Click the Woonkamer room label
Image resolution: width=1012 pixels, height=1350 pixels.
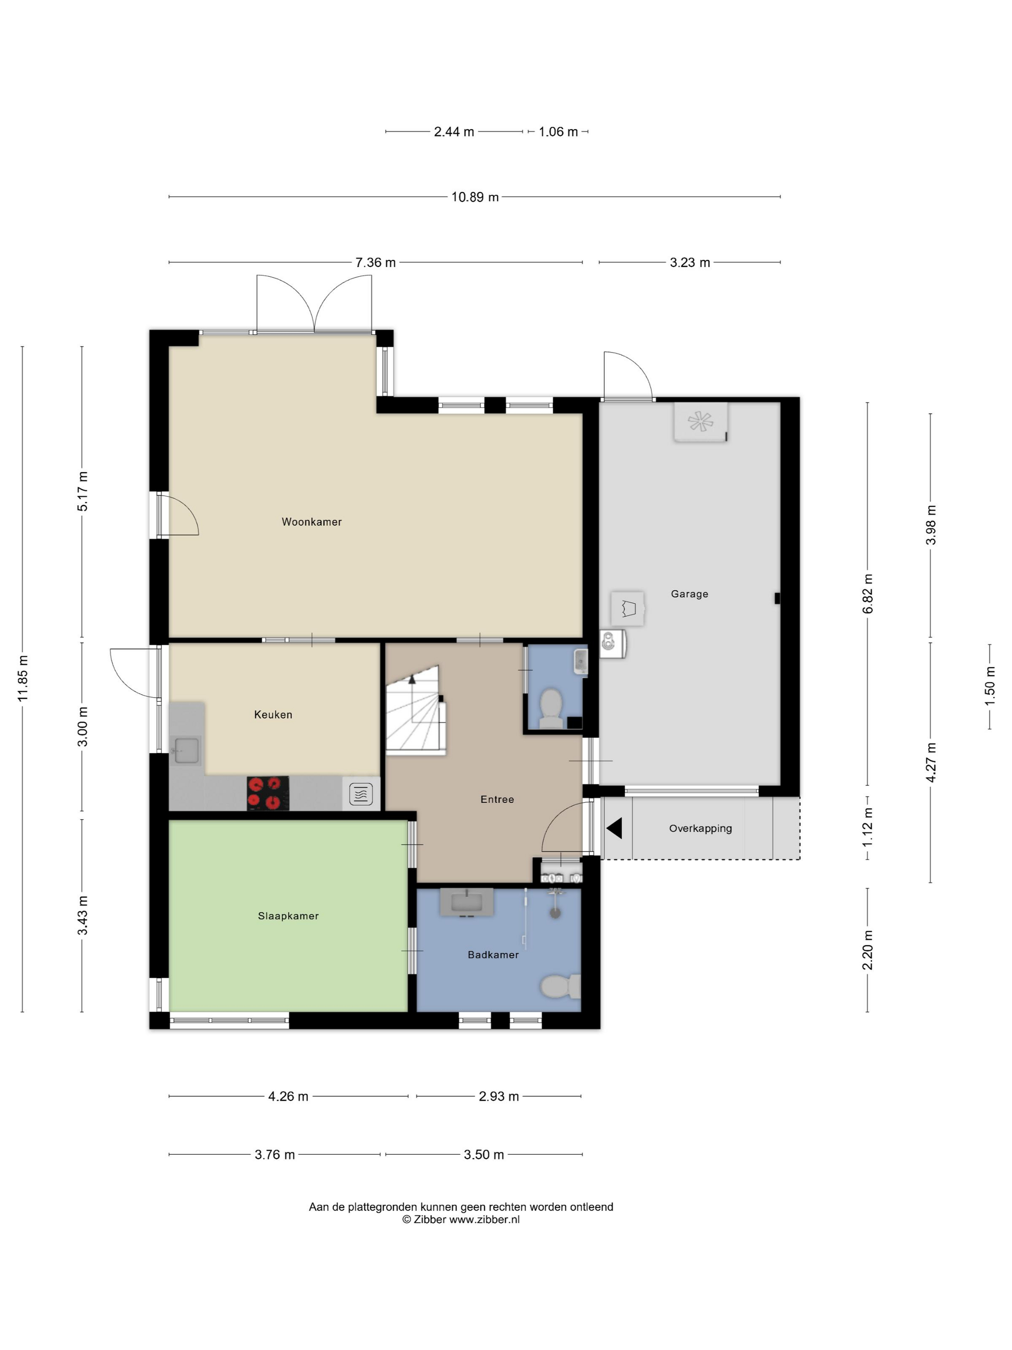point(311,522)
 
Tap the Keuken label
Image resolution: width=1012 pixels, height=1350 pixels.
point(273,715)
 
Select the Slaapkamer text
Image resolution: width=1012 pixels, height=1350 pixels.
point(288,916)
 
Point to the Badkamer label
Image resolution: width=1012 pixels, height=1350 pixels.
point(493,955)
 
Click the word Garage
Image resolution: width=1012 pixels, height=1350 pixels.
point(689,594)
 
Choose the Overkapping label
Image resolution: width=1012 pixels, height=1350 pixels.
point(700,829)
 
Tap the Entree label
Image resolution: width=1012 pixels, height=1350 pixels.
point(497,799)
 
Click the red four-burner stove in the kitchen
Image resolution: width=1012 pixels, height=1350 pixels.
point(268,794)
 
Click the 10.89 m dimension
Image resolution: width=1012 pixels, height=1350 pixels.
point(475,197)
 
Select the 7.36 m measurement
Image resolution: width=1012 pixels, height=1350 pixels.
point(375,262)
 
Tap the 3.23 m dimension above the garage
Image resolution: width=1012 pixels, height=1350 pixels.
point(690,262)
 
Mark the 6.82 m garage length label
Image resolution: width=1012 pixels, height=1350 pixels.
point(868,594)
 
